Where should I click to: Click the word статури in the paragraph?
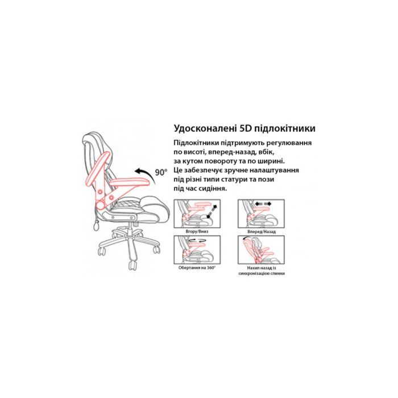(x=247, y=179)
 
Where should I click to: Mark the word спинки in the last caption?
(x=277, y=273)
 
